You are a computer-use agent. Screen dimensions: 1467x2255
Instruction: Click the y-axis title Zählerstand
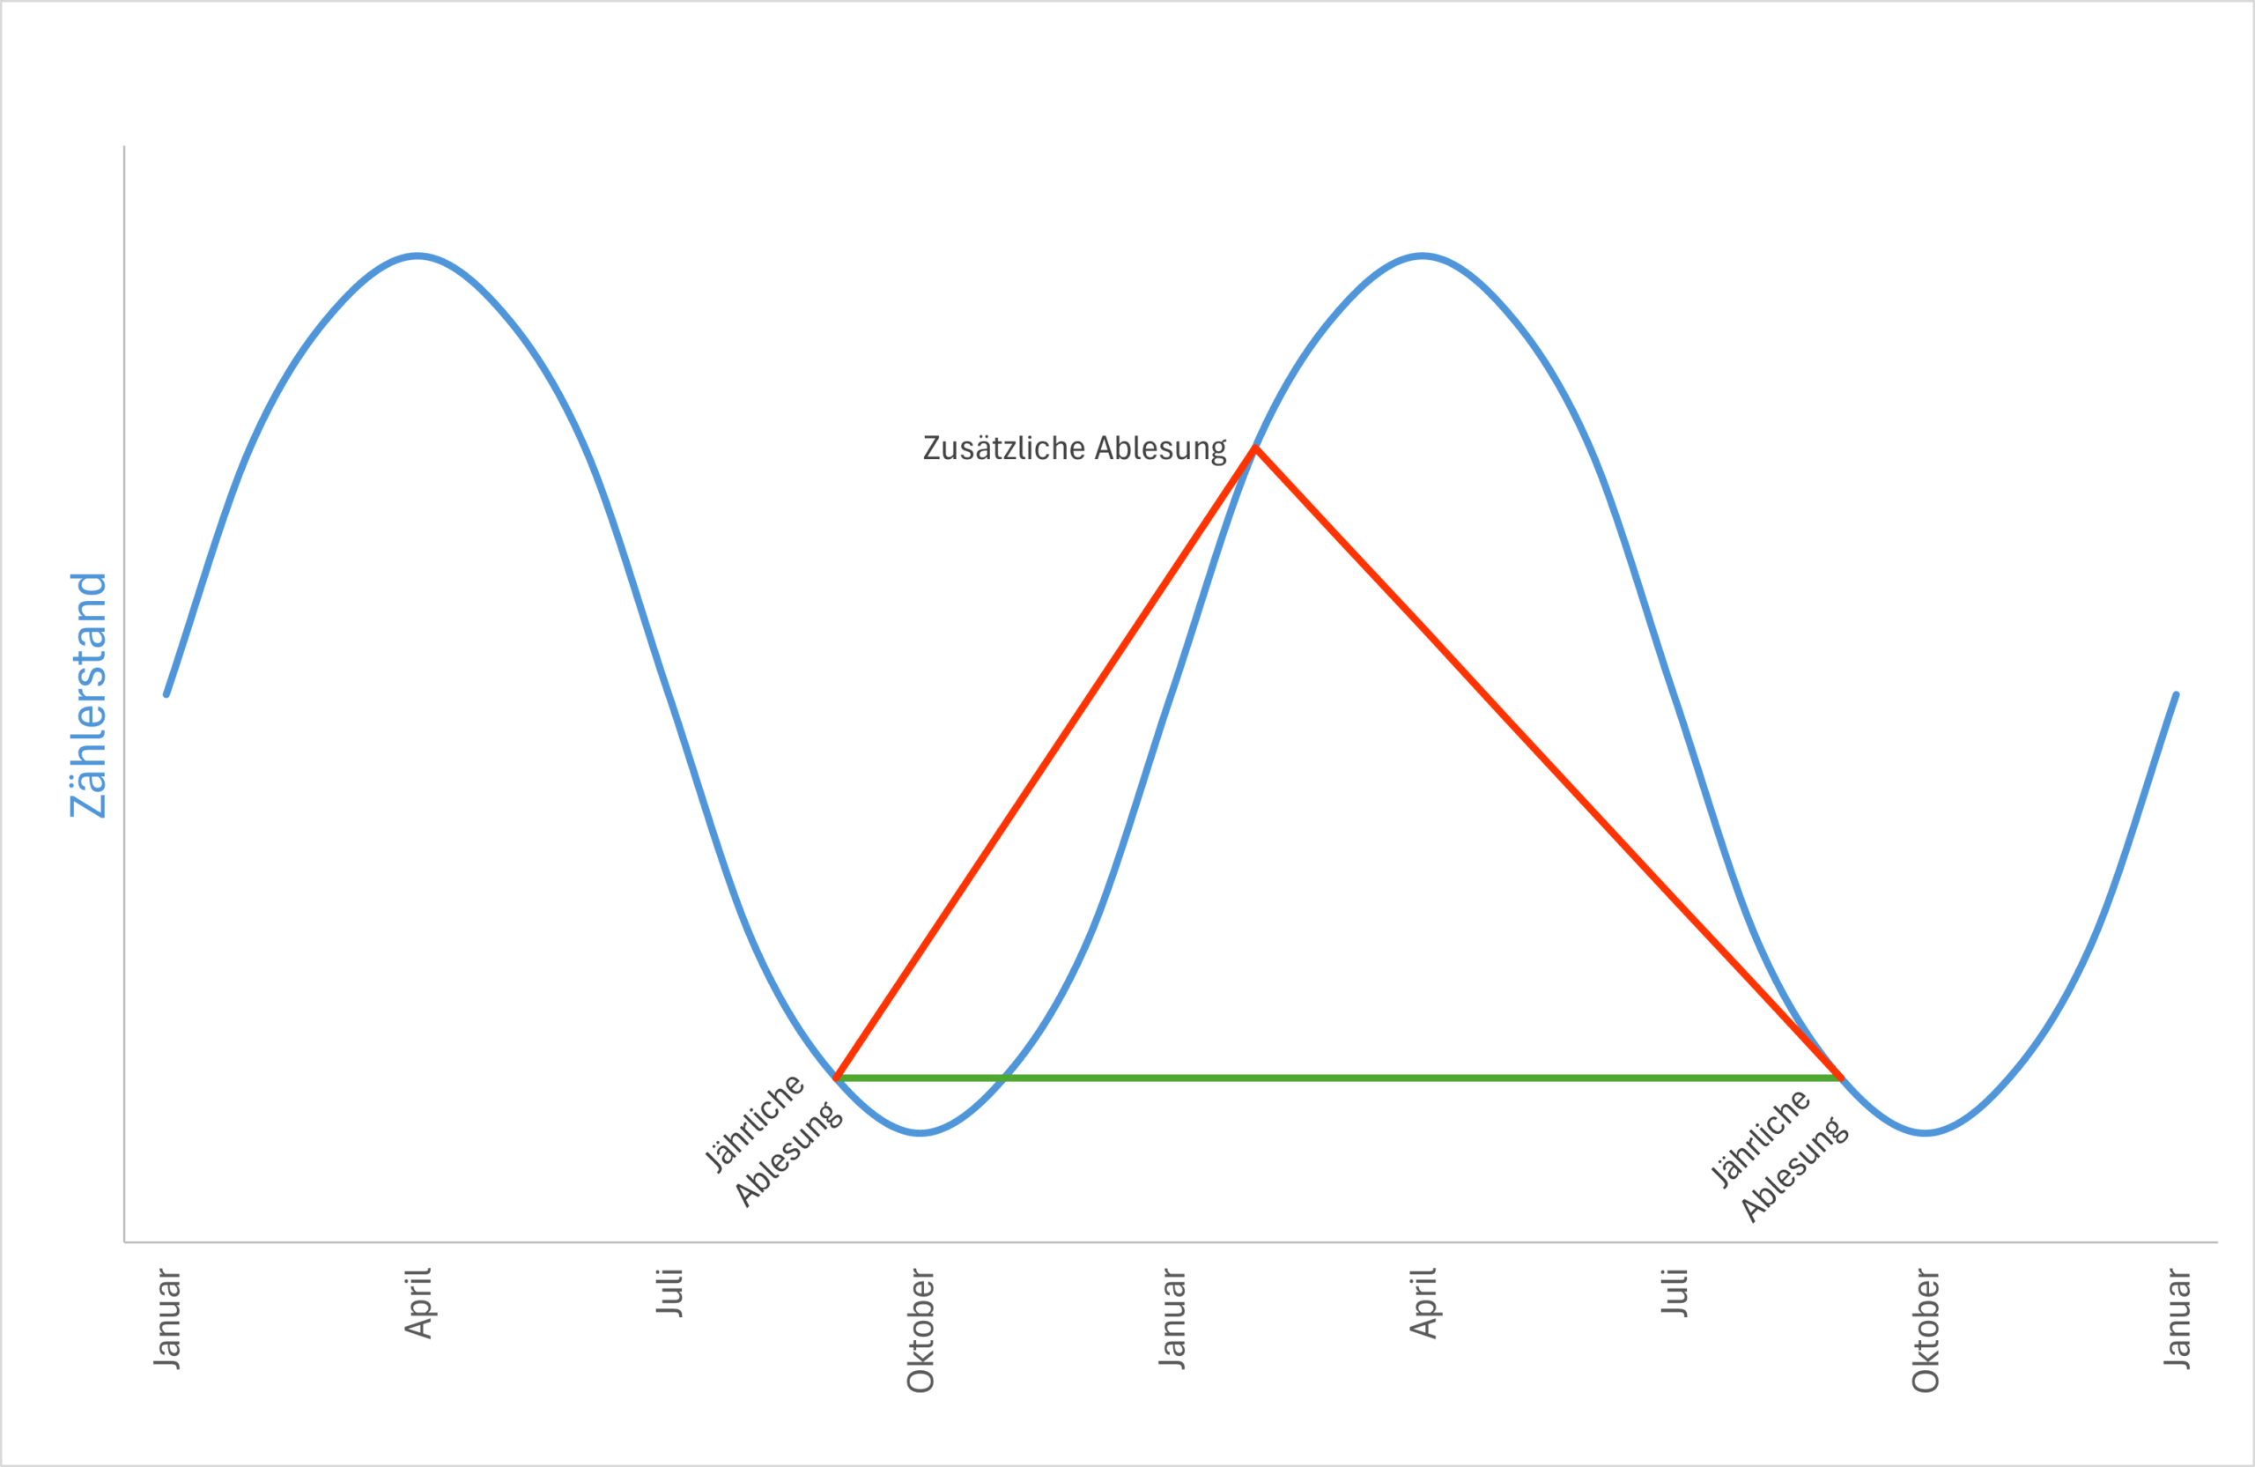[88, 694]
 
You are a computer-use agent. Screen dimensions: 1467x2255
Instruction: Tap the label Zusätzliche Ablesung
[1074, 448]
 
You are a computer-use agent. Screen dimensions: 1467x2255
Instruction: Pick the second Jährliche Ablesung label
[1778, 1155]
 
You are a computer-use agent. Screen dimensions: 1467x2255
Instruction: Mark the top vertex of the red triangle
[1255, 448]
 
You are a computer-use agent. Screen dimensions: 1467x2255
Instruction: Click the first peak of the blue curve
[418, 256]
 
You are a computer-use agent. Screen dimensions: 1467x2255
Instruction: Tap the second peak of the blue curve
[1423, 256]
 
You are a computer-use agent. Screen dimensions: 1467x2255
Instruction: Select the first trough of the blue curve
[920, 1132]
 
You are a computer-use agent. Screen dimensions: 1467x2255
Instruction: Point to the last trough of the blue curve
[1926, 1132]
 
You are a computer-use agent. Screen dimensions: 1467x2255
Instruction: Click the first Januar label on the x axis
[167, 1318]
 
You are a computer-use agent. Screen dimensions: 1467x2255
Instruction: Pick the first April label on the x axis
[418, 1303]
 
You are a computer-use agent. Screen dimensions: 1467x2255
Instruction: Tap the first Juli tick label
[669, 1292]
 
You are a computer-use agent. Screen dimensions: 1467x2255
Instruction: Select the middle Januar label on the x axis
[1173, 1318]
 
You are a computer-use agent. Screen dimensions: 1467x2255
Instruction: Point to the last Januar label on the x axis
[2177, 1318]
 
